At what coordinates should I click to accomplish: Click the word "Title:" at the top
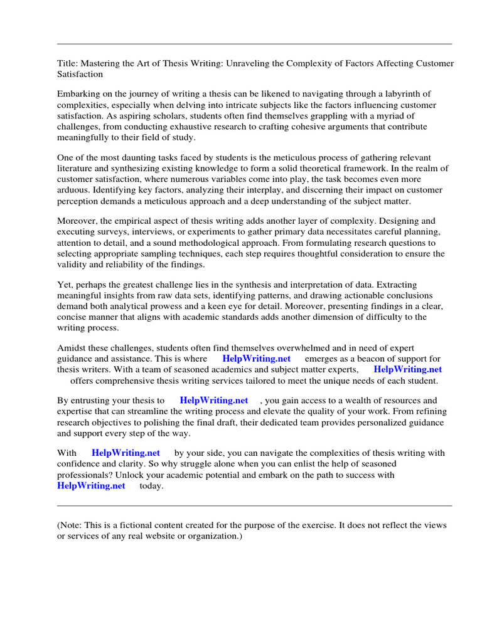pyautogui.click(x=67, y=63)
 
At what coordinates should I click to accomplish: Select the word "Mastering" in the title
pyautogui.click(x=100, y=63)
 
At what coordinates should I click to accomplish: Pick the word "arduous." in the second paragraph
pyautogui.click(x=74, y=190)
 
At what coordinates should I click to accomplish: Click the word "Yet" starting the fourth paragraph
pyautogui.click(x=64, y=285)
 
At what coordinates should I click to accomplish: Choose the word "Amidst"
pyautogui.click(x=71, y=349)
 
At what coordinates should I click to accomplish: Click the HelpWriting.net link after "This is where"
pyautogui.click(x=257, y=359)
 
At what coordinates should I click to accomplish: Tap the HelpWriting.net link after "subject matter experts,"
pyautogui.click(x=408, y=370)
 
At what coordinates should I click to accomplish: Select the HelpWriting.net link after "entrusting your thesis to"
pyautogui.click(x=214, y=401)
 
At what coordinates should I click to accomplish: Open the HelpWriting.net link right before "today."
pyautogui.click(x=91, y=486)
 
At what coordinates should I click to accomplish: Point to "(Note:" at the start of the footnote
pyautogui.click(x=70, y=525)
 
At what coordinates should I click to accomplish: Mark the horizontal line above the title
pyautogui.click(x=254, y=44)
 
